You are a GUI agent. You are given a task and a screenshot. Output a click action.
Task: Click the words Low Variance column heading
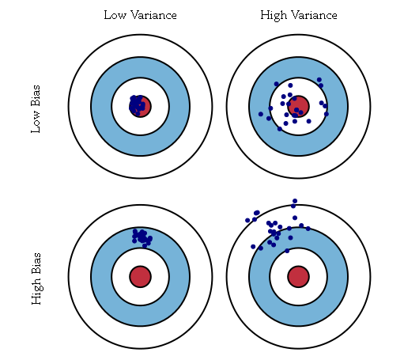coord(140,15)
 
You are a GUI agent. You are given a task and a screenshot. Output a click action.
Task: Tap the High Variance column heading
coord(299,15)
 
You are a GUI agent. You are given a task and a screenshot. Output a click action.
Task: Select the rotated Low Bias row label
coord(36,109)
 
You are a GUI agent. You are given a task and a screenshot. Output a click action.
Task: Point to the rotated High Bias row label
coord(36,279)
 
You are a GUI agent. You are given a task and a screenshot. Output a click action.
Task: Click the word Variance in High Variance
coord(313,15)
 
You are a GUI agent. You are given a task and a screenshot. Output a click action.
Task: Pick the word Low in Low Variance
coord(115,15)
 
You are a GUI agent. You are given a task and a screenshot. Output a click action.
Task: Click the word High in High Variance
coord(274,16)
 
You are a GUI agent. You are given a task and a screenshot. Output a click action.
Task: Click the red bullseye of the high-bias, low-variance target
coord(141,277)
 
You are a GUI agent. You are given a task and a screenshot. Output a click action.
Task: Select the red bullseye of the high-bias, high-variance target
coord(298,277)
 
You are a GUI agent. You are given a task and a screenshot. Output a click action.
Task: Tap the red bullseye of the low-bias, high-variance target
coord(298,106)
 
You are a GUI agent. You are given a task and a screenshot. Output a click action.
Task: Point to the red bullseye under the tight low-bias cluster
coord(141,106)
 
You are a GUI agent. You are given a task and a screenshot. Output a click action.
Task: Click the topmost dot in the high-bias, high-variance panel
coord(295,201)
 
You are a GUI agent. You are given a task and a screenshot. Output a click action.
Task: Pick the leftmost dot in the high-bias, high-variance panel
coord(247,220)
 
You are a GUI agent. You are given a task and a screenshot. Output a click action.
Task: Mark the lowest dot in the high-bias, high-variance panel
coord(287,251)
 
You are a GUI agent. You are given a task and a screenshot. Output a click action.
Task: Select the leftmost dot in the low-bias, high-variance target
coord(261,114)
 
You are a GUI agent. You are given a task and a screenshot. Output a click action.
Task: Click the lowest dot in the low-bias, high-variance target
coord(280,129)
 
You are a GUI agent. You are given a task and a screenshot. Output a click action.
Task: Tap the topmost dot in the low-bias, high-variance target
coord(319,80)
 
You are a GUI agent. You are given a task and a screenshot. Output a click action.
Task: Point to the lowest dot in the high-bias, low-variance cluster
coord(145,246)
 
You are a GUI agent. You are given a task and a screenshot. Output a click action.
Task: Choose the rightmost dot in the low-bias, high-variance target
coord(327,114)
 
